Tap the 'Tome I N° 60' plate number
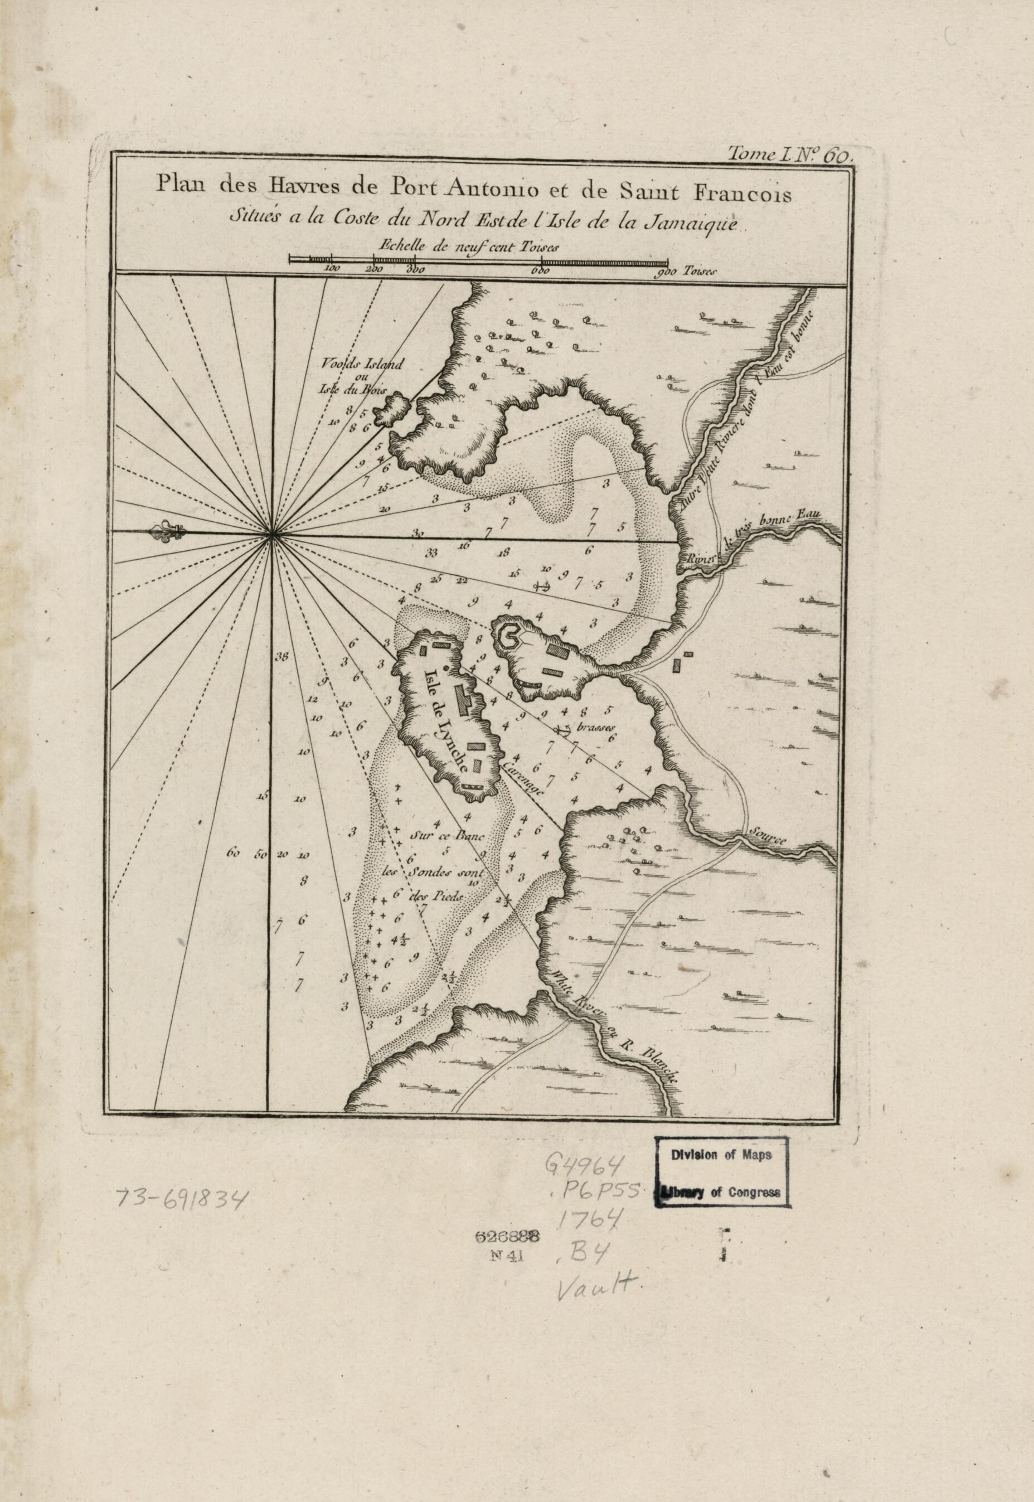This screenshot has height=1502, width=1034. click(x=792, y=155)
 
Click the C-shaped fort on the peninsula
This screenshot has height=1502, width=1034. click(x=507, y=636)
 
